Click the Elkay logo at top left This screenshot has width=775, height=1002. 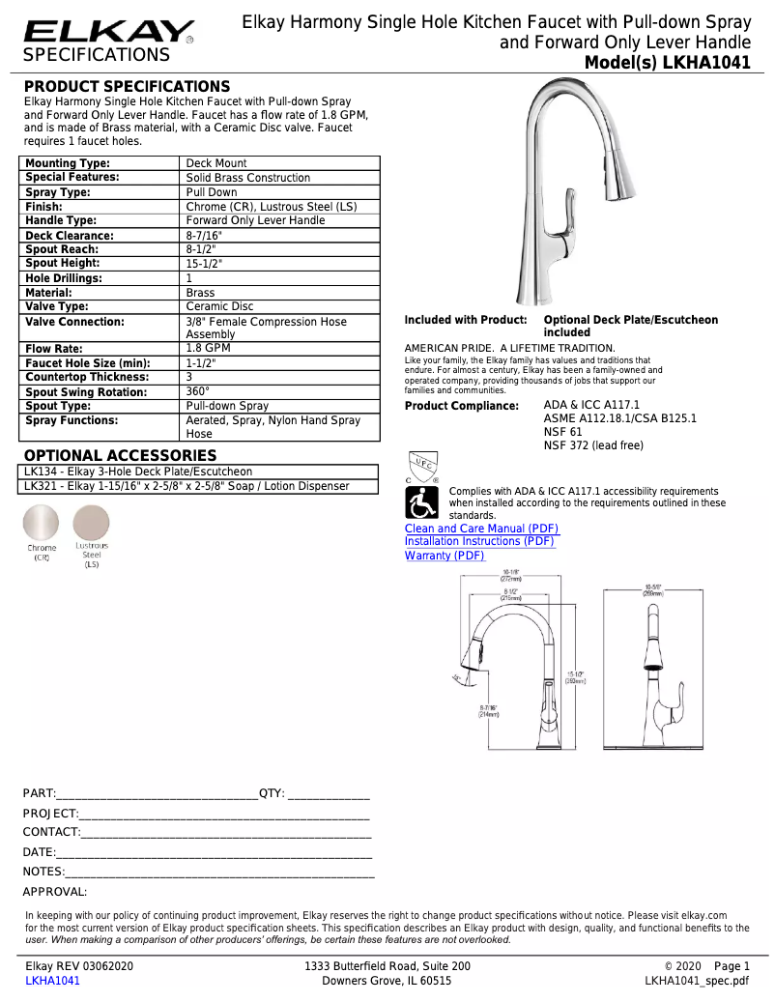[x=107, y=32]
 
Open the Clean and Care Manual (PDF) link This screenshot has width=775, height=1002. [x=481, y=529]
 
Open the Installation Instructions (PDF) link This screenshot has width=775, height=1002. [x=479, y=542]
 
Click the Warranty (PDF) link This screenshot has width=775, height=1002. [x=445, y=556]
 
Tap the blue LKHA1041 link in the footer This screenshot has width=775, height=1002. [x=52, y=981]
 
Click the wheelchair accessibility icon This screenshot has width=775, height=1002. [x=422, y=501]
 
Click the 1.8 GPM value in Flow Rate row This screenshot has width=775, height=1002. [x=208, y=348]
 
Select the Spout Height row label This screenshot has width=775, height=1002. [x=63, y=263]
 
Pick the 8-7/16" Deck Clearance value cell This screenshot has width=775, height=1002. [x=204, y=236]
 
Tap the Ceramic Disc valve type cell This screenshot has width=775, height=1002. [x=219, y=306]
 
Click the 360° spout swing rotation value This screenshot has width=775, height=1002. [x=197, y=391]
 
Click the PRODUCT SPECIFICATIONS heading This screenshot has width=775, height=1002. [x=127, y=87]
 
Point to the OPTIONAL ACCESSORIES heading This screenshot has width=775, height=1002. [x=120, y=455]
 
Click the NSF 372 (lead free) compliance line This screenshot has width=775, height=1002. [x=592, y=445]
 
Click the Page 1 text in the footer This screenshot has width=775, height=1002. [x=732, y=966]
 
